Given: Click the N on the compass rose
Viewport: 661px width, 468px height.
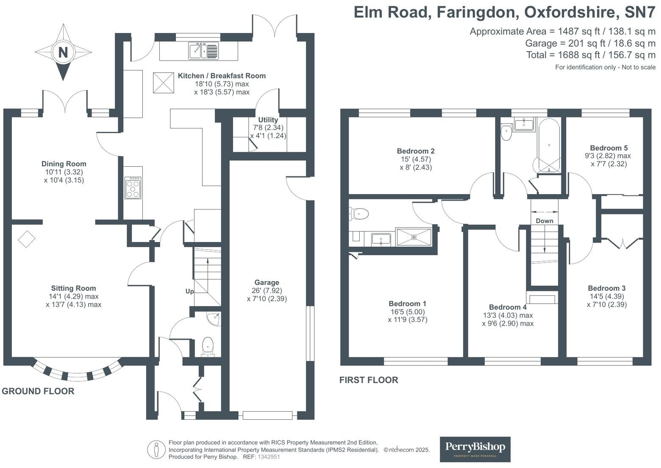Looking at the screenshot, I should pyautogui.click(x=63, y=52).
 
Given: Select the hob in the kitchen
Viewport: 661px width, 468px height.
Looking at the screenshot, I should pyautogui.click(x=133, y=188).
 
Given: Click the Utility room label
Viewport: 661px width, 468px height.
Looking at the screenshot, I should pyautogui.click(x=268, y=120).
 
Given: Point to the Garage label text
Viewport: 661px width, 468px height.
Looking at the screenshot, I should pyautogui.click(x=267, y=282).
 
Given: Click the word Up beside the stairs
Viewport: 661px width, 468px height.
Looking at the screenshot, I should pyautogui.click(x=189, y=291).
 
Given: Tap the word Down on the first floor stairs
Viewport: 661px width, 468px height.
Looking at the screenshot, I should pyautogui.click(x=544, y=221).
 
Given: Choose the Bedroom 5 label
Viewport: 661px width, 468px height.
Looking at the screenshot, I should pyautogui.click(x=609, y=148).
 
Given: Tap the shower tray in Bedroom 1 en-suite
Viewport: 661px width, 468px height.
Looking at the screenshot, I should pyautogui.click(x=414, y=237).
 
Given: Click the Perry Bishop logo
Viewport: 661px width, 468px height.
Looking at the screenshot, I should pyautogui.click(x=475, y=449).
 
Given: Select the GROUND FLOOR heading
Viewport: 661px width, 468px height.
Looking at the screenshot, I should pyautogui.click(x=38, y=391).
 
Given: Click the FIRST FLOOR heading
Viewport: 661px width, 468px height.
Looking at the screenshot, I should pyautogui.click(x=369, y=380).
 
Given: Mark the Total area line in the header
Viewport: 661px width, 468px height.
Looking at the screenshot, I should pyautogui.click(x=591, y=55).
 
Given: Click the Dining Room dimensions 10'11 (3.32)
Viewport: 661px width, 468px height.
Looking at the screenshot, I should pyautogui.click(x=64, y=172).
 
